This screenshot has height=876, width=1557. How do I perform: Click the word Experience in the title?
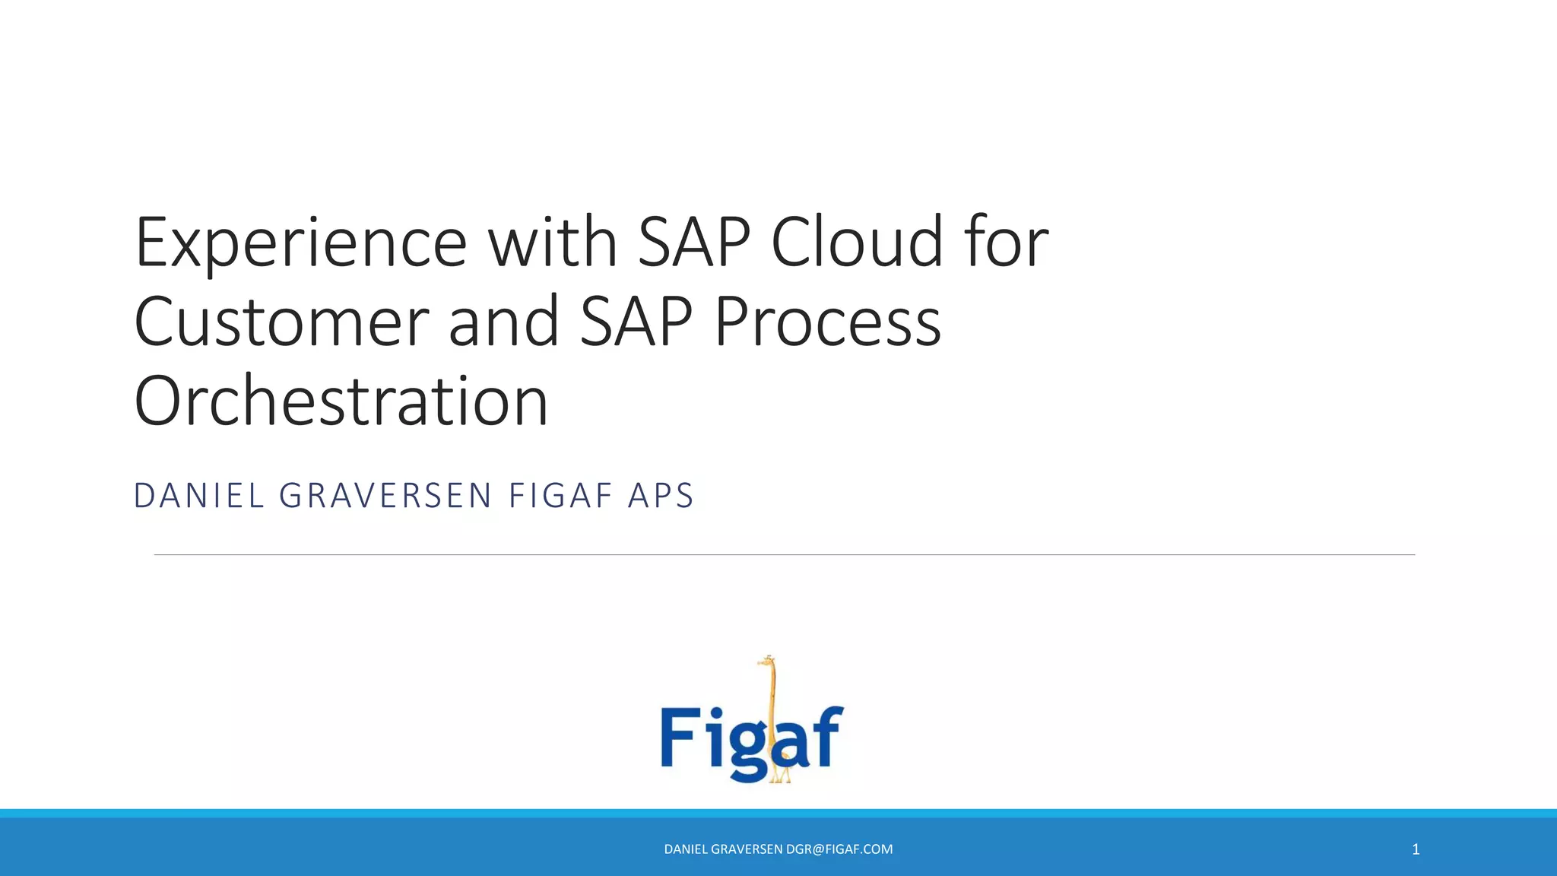click(300, 243)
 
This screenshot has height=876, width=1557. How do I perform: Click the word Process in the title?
click(827, 322)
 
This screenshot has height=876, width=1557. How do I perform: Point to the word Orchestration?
click(341, 401)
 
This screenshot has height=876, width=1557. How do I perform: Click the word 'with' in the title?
click(552, 243)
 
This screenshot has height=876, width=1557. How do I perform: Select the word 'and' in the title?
click(504, 322)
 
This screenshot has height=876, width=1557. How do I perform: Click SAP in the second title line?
click(636, 322)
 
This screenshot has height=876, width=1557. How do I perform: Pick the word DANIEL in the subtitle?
click(198, 496)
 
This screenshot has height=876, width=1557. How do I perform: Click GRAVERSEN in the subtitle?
click(385, 496)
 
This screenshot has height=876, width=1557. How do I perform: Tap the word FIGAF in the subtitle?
click(560, 496)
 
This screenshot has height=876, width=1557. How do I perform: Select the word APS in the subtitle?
click(661, 496)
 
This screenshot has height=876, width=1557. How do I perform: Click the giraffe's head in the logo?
click(769, 662)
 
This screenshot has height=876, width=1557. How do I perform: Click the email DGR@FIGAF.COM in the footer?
click(839, 849)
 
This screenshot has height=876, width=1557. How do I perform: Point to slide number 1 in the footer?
click(1416, 849)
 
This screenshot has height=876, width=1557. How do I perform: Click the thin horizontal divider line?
click(783, 555)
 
